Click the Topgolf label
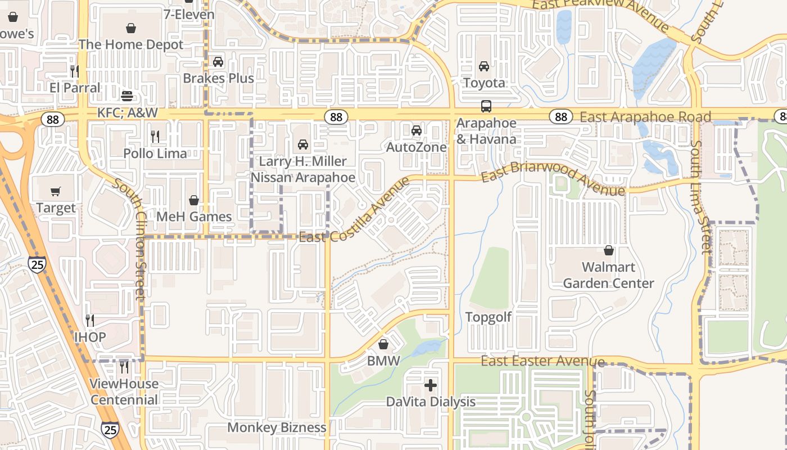[489, 317]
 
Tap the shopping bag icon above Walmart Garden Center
[608, 250]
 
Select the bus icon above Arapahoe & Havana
[486, 106]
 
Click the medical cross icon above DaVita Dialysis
[431, 385]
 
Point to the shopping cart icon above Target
[55, 192]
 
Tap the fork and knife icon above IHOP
[90, 321]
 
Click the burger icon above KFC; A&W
[127, 96]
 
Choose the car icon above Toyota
[484, 66]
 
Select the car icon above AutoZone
[416, 131]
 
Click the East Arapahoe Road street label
[645, 117]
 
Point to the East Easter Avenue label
[542, 361]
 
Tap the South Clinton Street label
[131, 238]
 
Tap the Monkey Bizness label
[277, 427]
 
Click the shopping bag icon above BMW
[383, 344]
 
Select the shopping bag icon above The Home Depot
[131, 28]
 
